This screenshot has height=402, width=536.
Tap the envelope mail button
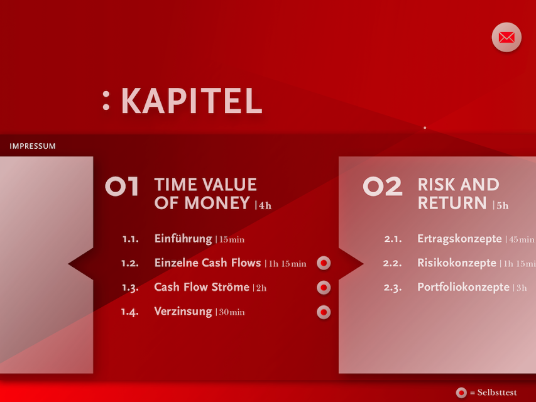506,37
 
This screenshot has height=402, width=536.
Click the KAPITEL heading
192,100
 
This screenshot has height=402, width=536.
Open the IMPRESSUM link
33,146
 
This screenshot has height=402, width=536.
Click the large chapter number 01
122,187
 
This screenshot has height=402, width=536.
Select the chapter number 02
383,187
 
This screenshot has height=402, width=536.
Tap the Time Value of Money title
205,193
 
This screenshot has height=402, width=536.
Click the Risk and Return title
458,193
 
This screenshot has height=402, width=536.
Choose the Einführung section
183,239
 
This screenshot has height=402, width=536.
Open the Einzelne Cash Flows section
207,263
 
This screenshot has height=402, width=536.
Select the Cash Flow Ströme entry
202,287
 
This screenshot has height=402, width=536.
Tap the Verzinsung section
183,312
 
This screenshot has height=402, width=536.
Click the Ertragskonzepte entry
459,239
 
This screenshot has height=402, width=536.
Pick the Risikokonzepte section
457,263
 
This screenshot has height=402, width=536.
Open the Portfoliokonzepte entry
463,287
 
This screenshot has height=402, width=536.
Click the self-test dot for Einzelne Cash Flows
324,263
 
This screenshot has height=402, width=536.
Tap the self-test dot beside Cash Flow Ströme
324,288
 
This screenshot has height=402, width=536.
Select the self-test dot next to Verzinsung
324,312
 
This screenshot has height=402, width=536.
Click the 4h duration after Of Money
265,205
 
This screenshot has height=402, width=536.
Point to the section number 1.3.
130,288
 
